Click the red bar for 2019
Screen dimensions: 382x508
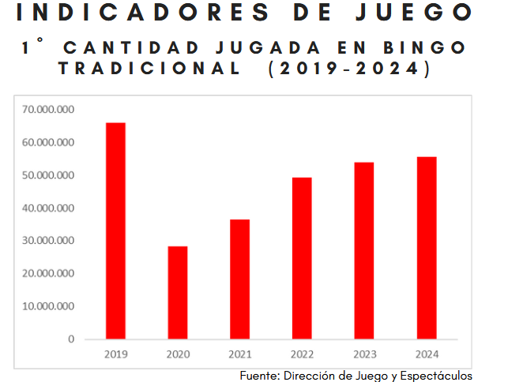(x=115, y=230)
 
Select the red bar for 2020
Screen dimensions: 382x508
(x=178, y=292)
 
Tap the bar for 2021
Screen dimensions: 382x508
(x=240, y=279)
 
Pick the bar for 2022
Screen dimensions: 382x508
(x=302, y=258)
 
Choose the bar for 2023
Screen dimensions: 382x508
(x=364, y=250)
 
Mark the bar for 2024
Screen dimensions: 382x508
(x=427, y=248)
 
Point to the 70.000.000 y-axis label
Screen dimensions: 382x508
(x=49, y=110)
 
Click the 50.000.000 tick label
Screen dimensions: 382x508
(x=49, y=175)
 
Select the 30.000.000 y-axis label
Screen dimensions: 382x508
(x=49, y=241)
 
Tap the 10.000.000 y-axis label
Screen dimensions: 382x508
(x=49, y=306)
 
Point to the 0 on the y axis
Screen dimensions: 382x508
(x=71, y=339)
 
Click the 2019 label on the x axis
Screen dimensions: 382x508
(x=115, y=354)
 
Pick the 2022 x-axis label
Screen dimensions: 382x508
(x=302, y=354)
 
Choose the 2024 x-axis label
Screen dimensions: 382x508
(x=427, y=354)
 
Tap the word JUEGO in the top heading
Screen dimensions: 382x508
(x=419, y=13)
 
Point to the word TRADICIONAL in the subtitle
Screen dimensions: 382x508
(x=150, y=69)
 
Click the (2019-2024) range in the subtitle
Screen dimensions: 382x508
(x=349, y=69)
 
